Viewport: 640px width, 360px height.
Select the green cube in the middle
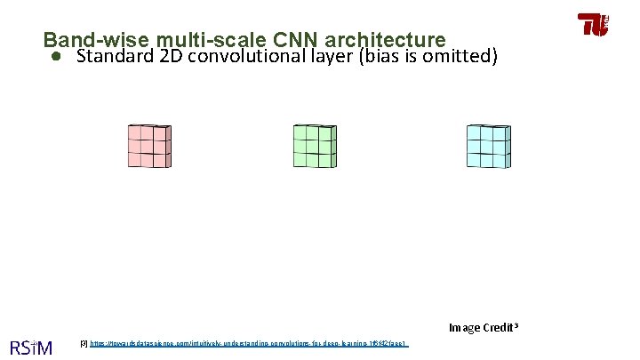(x=315, y=146)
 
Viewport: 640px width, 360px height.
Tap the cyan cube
(x=488, y=146)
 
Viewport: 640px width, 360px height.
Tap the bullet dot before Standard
(x=55, y=58)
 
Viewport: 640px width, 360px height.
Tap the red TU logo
(x=593, y=24)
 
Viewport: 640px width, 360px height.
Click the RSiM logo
(x=30, y=347)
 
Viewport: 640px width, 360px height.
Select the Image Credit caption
(x=480, y=328)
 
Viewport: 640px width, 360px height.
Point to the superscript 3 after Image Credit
(x=515, y=325)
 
